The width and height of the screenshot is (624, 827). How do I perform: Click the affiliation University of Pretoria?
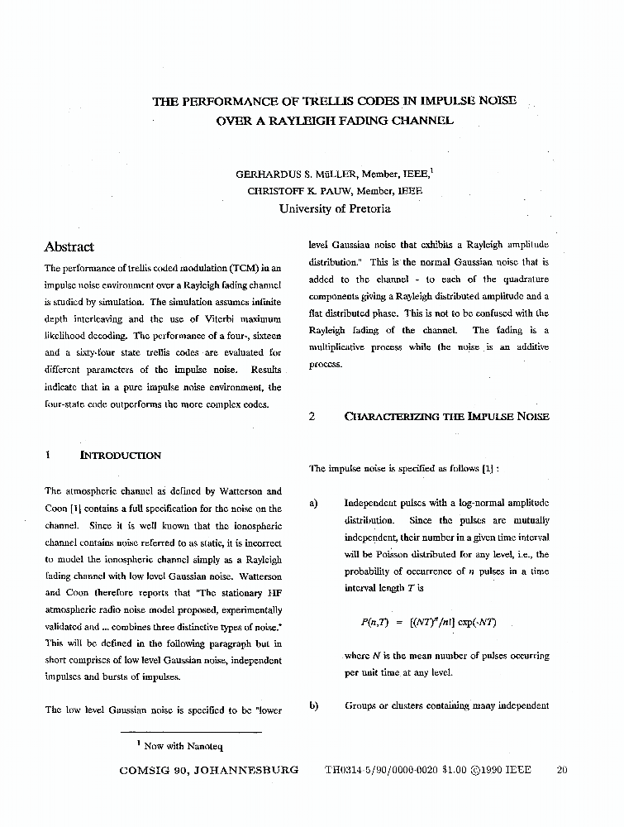click(335, 208)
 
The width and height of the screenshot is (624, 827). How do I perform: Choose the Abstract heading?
click(69, 246)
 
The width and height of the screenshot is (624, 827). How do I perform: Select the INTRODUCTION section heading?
click(121, 455)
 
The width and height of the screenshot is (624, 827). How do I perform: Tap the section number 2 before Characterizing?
click(312, 417)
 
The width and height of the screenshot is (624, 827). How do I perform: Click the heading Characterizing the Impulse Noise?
click(446, 417)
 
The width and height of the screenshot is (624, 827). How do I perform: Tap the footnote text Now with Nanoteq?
click(179, 746)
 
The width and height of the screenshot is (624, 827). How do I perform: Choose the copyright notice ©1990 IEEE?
click(501, 770)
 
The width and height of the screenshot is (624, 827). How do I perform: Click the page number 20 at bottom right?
click(563, 770)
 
